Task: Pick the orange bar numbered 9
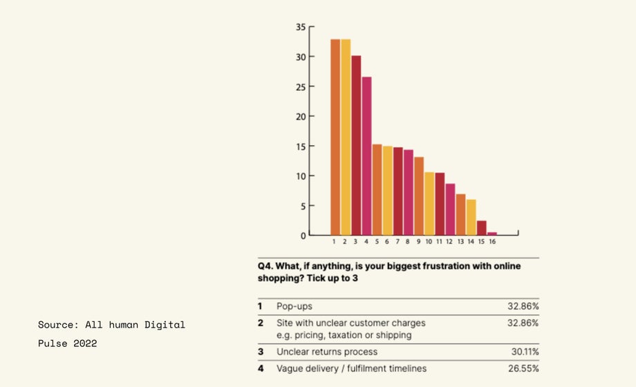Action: click(x=419, y=196)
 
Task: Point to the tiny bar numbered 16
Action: click(x=492, y=234)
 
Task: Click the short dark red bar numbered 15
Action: click(x=482, y=228)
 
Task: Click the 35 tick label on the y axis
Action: click(x=301, y=27)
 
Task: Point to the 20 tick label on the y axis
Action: click(x=301, y=116)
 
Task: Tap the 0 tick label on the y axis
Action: click(x=303, y=236)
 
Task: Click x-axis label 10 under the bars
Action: click(x=429, y=242)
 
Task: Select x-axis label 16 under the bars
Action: click(x=492, y=242)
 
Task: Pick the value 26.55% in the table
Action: click(x=523, y=368)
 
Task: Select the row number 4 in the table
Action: click(x=261, y=368)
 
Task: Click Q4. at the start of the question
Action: click(x=266, y=265)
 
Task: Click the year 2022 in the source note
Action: click(x=84, y=343)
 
